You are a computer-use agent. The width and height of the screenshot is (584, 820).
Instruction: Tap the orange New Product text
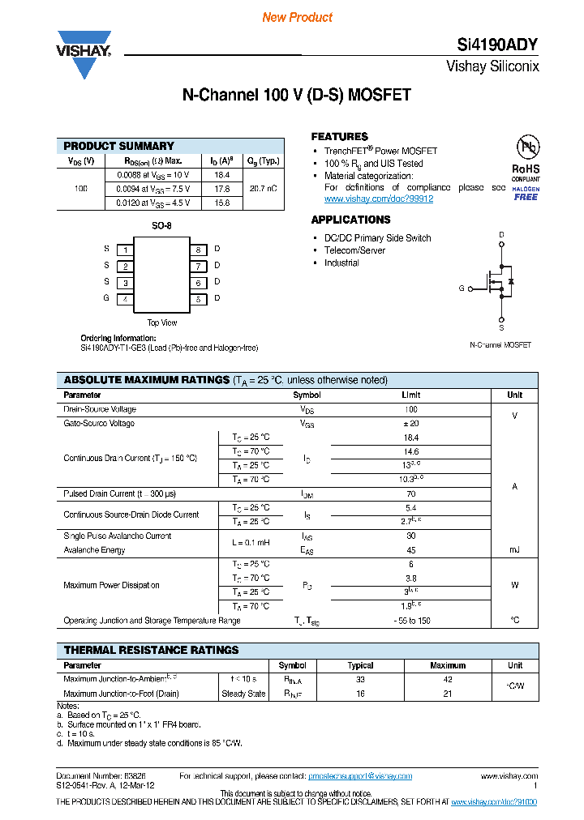[x=297, y=17]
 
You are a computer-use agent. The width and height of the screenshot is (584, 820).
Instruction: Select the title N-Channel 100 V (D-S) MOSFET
[x=296, y=95]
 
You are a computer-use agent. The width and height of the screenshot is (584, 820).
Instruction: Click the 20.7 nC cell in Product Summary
[x=263, y=189]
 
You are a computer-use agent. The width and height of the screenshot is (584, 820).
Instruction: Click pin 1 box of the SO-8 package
[x=125, y=250]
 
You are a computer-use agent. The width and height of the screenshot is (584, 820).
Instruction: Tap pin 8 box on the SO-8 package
[x=197, y=250]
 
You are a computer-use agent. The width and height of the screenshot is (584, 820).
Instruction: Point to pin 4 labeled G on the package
[x=125, y=299]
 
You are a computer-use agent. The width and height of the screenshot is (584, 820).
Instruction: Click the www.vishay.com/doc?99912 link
[x=378, y=199]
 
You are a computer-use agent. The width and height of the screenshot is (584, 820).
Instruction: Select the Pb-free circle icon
[x=528, y=147]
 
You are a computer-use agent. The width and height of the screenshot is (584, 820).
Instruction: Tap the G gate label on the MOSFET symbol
[x=462, y=288]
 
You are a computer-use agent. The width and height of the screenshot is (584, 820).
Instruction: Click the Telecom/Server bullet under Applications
[x=354, y=250]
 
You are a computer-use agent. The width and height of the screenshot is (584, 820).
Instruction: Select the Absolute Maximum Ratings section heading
[x=147, y=380]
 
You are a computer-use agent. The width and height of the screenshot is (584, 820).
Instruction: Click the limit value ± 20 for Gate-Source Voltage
[x=410, y=424]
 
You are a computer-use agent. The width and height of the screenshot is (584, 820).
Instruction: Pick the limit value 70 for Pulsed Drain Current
[x=410, y=493]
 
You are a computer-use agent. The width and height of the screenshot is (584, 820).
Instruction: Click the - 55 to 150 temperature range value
[x=410, y=621]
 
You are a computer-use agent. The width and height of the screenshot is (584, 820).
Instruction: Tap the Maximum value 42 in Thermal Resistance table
[x=448, y=680]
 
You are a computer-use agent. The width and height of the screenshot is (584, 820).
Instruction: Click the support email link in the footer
[x=360, y=776]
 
